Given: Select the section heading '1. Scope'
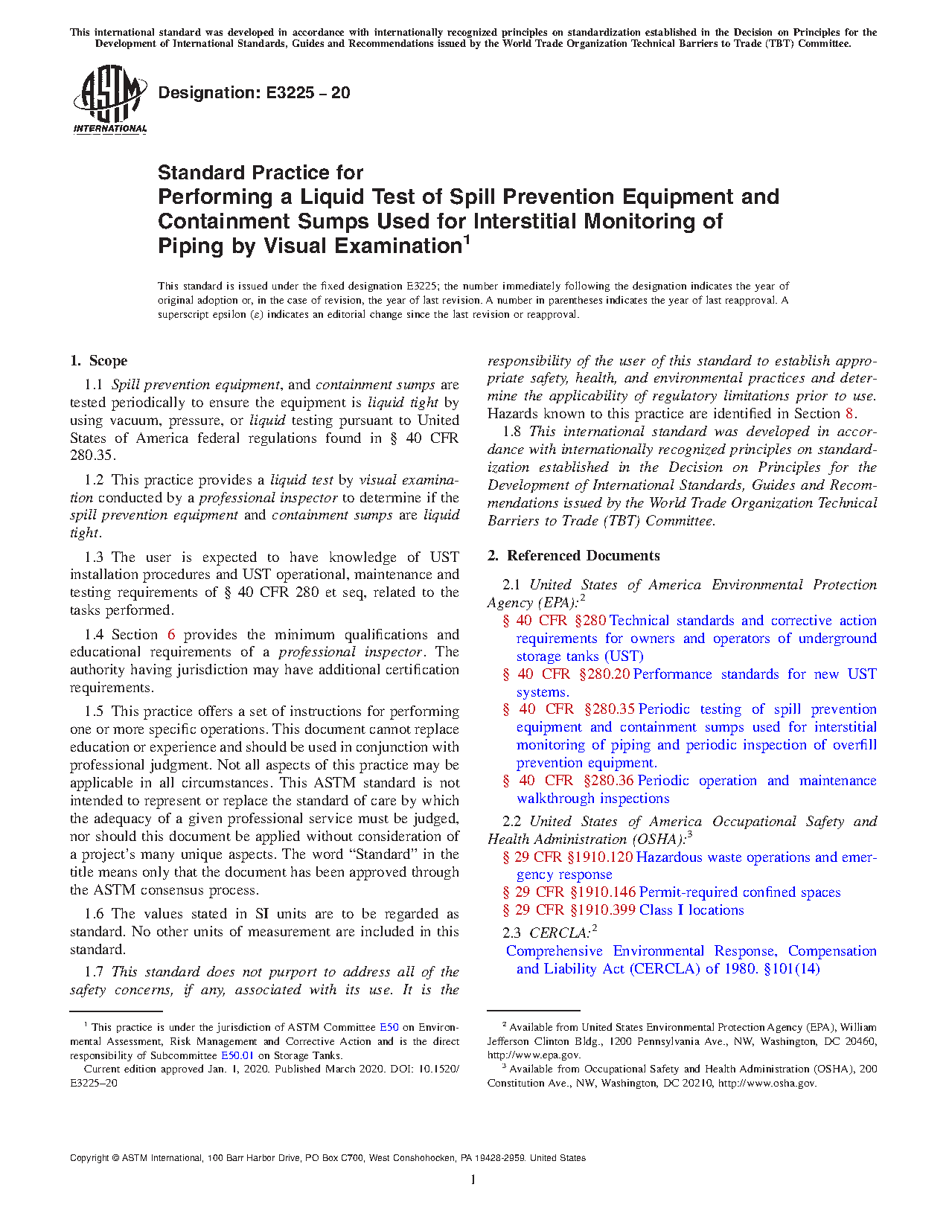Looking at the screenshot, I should [98, 361].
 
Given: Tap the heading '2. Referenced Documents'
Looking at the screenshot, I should [573, 556].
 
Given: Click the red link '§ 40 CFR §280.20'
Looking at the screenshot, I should [566, 674].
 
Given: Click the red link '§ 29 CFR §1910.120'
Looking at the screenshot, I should [568, 857].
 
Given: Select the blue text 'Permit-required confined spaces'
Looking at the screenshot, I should [740, 892].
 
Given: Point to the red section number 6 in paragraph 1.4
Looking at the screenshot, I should [171, 635].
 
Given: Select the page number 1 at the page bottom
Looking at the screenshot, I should [473, 1179].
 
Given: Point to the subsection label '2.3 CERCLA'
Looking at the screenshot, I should [548, 933].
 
